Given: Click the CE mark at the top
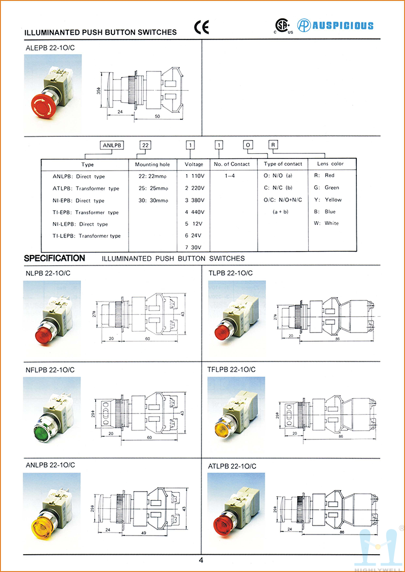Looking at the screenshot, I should (201, 27).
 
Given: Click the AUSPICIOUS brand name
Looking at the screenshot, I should (342, 25).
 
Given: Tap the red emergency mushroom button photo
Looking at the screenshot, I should (45, 105).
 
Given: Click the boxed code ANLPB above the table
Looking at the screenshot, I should (113, 145).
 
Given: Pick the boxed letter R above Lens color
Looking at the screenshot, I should (273, 145).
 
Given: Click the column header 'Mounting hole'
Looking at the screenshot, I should (152, 164).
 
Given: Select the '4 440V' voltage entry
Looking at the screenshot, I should (194, 212).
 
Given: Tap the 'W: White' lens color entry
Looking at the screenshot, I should (327, 223).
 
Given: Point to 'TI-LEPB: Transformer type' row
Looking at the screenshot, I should (87, 236).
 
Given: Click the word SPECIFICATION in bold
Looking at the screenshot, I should (55, 258).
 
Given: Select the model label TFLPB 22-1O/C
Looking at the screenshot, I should (232, 370).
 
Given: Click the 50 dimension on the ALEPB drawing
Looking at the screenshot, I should (157, 116).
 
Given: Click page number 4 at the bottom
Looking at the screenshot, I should (201, 560).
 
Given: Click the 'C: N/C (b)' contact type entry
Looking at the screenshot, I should (278, 188).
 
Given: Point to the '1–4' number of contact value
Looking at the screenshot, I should (230, 176).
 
